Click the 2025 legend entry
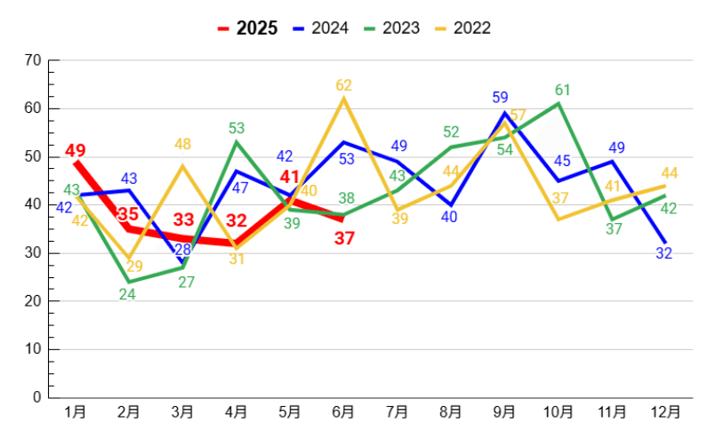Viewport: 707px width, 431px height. point(247,28)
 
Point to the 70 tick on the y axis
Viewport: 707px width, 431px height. point(34,60)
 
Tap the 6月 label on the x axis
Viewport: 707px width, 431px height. point(343,412)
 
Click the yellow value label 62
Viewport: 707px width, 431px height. point(344,85)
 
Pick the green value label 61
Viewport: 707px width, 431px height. point(562,90)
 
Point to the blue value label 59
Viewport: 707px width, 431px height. point(500,98)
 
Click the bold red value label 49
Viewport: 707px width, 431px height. point(76,150)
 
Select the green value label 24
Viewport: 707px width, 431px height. point(127,295)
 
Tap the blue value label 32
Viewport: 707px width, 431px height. point(664,253)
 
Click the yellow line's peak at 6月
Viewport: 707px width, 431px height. point(343,99)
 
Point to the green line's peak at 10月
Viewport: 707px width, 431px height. point(558,104)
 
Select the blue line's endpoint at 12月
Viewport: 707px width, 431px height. point(665,243)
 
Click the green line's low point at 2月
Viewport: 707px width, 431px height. point(129,282)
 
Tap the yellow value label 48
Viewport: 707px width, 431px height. point(182,144)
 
